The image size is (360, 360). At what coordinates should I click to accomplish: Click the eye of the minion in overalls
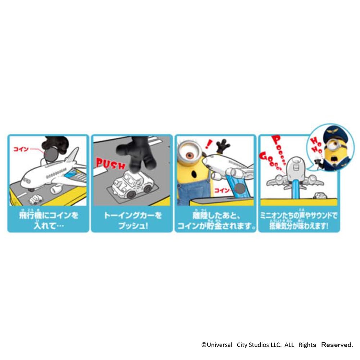[190, 155]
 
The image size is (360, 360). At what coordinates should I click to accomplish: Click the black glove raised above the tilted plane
[223, 146]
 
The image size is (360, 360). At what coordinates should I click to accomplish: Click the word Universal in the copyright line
[217, 345]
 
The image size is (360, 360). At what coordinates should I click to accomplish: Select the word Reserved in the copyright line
[337, 345]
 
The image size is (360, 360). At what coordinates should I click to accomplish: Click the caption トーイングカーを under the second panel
[133, 216]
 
